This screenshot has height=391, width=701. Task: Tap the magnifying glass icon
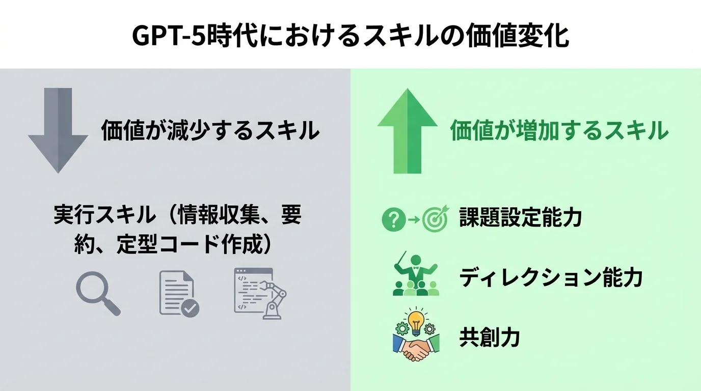pos(97,293)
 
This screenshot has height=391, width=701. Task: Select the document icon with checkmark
pos(178,293)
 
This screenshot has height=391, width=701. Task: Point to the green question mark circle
pos(393,219)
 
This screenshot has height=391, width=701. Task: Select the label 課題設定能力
pos(520,218)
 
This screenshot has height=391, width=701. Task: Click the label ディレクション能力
pos(551,278)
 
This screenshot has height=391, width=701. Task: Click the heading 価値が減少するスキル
pos(210,130)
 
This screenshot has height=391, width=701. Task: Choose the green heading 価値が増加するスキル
pos(559,130)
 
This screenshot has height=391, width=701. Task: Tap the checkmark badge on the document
pos(191,308)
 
